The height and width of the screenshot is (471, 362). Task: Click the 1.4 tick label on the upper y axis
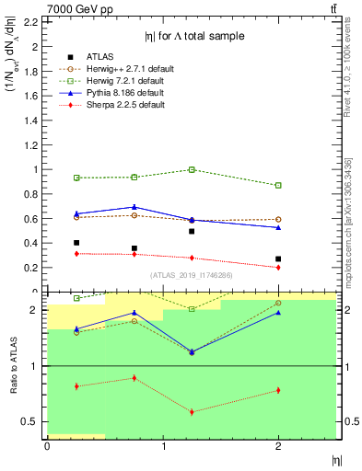tap(33, 120)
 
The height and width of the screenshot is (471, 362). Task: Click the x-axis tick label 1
tap(163, 446)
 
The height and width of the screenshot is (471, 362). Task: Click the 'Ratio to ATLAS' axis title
tap(11, 365)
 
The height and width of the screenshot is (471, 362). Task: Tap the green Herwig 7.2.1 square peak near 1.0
tap(192, 169)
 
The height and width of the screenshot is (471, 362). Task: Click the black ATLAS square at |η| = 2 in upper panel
tap(278, 259)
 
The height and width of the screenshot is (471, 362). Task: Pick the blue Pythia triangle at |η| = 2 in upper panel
tap(278, 227)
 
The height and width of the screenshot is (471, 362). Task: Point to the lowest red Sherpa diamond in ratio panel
tap(192, 411)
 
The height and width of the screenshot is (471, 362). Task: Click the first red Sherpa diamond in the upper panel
tap(76, 253)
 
